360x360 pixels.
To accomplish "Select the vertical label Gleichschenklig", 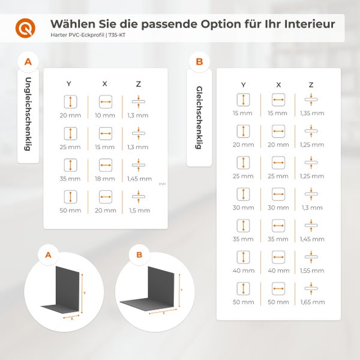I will click(199, 116).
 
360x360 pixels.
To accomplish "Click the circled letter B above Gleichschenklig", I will click(199, 61).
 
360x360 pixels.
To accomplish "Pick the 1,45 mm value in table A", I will click(139, 179).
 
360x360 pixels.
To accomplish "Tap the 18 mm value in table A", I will click(105, 179).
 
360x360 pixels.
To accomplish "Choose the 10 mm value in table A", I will click(105, 115).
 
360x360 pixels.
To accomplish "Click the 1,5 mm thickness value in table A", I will click(139, 211).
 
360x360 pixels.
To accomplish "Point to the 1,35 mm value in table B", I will click(312, 113).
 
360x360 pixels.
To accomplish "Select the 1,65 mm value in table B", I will click(312, 301).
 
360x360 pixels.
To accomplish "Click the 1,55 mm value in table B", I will click(312, 270).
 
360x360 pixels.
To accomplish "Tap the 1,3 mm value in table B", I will click(312, 207).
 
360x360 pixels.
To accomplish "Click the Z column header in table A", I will click(139, 83).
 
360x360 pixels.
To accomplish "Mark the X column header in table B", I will click(278, 85).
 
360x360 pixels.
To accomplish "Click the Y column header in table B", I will click(243, 85).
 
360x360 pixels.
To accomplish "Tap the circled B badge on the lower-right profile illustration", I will click(139, 255).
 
